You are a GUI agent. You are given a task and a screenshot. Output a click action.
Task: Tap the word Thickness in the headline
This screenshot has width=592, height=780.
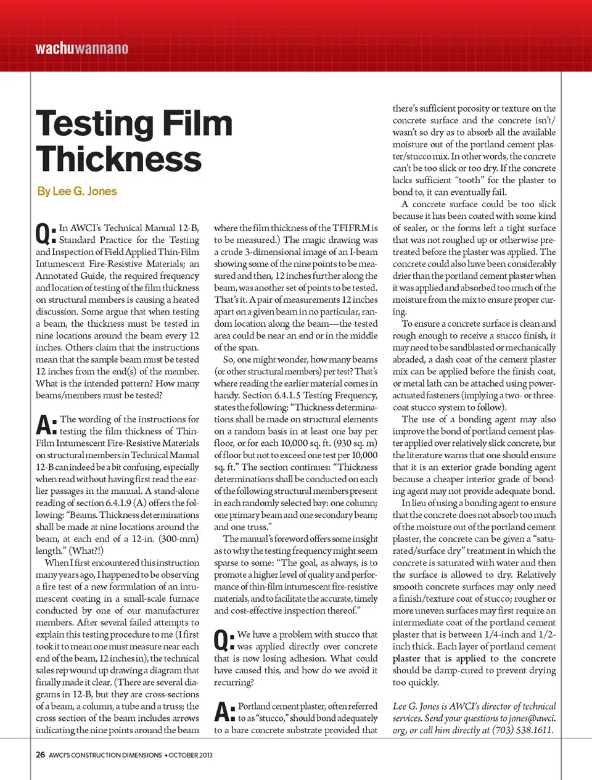[x=119, y=159]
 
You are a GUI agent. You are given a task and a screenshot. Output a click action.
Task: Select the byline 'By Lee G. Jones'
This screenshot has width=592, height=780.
[x=77, y=191]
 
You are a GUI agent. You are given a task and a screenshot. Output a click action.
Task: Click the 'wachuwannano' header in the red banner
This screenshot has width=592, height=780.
[x=82, y=48]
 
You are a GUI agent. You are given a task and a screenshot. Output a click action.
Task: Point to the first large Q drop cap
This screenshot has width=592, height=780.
[x=44, y=234]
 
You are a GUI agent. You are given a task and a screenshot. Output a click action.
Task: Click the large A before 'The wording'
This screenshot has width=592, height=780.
[x=45, y=424]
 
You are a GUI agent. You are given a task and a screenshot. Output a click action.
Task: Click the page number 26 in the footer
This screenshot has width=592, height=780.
[x=40, y=755]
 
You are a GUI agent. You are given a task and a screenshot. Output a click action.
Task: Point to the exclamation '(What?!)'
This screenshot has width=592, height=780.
[x=86, y=551]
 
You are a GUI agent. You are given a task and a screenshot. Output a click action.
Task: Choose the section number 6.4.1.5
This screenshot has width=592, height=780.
[x=285, y=395]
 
